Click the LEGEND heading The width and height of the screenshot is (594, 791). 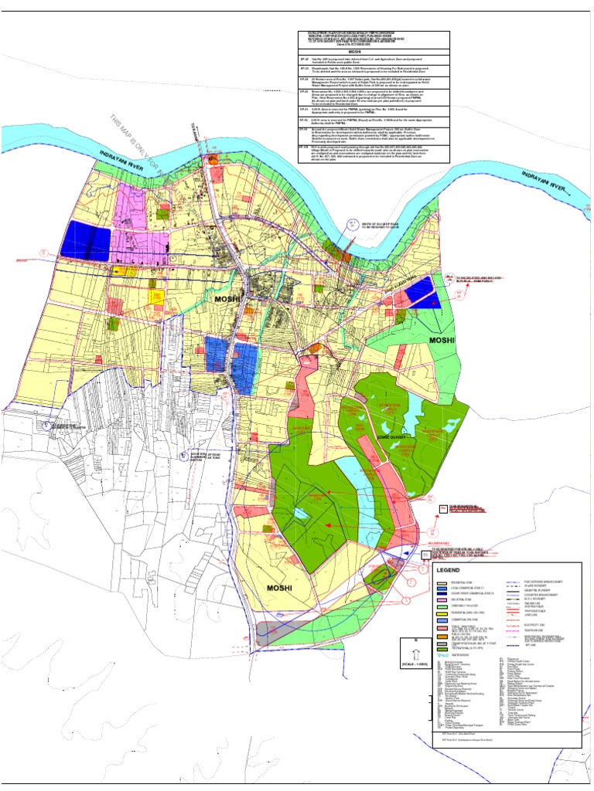pyautogui.click(x=449, y=570)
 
